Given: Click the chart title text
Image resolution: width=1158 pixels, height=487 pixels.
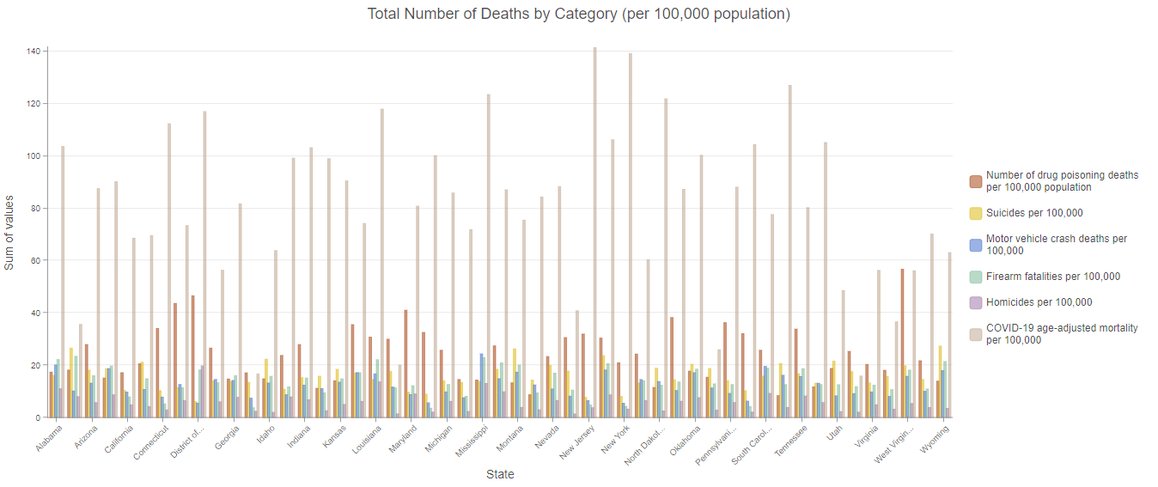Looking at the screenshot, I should pos(578,15).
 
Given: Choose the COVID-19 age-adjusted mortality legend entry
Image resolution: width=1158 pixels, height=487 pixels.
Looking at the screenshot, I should pos(1062,334).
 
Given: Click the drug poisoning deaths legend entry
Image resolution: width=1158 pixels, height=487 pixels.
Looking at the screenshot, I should pos(1062,181).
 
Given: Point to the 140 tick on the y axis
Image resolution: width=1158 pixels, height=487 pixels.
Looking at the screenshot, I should pos(34,52).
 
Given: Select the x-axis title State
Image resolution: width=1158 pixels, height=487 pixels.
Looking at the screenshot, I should pos(500,474).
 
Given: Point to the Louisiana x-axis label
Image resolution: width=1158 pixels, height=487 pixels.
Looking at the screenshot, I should pos(367,439).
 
